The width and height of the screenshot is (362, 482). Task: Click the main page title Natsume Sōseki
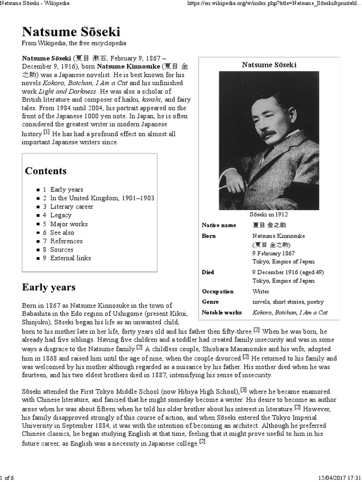pos(71,32)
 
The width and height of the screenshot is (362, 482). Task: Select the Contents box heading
pos(46,171)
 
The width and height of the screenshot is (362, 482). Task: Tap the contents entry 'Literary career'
pos(72,207)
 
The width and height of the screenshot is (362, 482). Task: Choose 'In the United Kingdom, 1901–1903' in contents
pos(102,198)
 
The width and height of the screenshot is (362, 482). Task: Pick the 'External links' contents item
pos(70,258)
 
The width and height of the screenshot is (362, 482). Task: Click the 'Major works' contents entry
pos(69,224)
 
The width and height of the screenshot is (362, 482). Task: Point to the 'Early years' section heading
pos(49,287)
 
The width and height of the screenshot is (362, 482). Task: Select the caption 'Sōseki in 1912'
pos(269,215)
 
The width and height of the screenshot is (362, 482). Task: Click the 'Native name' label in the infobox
pos(219,225)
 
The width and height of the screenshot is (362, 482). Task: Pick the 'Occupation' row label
pos(218,291)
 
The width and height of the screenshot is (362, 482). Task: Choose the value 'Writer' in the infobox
pos(261,291)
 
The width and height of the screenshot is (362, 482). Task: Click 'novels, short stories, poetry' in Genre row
pos(288,302)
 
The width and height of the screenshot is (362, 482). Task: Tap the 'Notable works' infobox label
pos(222,313)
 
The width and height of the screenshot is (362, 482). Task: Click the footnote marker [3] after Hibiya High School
pos(244,390)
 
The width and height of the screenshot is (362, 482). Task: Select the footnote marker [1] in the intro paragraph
pos(46,132)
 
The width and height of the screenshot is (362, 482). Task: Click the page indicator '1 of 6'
pos(7,478)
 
